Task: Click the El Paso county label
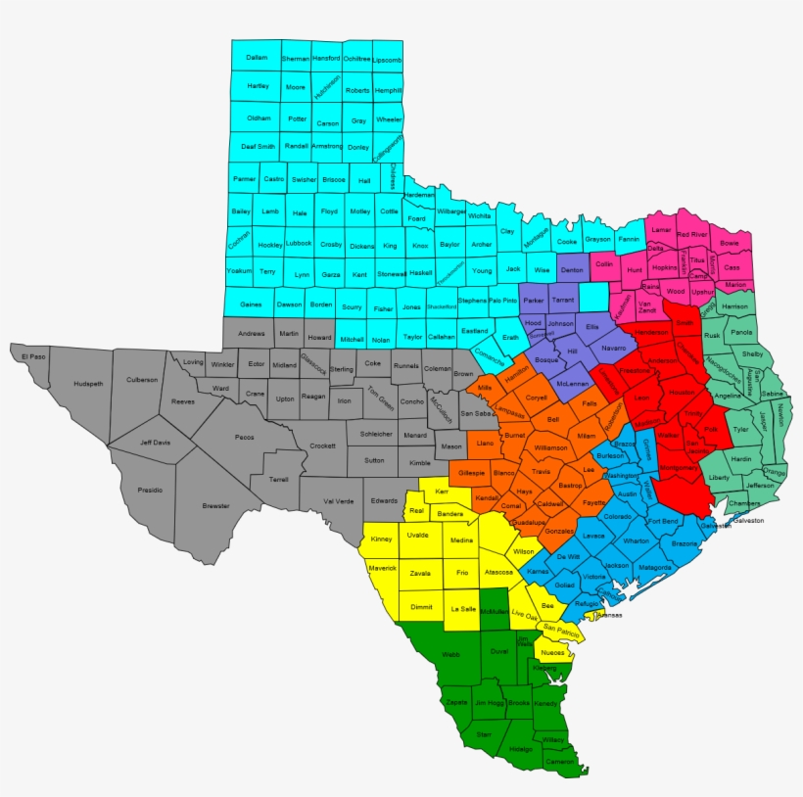tap(32, 356)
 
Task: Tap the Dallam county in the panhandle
tap(257, 58)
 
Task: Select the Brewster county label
tap(216, 506)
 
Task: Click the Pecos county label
tap(245, 437)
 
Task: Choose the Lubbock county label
tap(300, 243)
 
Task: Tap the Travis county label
tap(542, 471)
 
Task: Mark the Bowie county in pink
tap(730, 242)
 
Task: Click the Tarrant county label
tap(562, 300)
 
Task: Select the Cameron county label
tap(559, 761)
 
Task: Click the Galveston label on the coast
tap(747, 520)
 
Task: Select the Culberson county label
tap(141, 379)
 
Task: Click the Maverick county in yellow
tap(382, 568)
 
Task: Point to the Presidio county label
tap(150, 489)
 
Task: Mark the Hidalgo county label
tap(521, 749)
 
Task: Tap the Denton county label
tap(572, 269)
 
